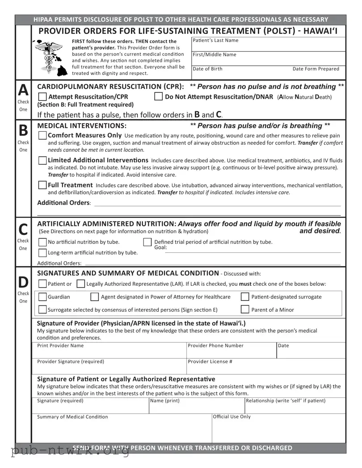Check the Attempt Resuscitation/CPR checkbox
click(x=42, y=97)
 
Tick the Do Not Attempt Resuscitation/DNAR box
click(x=158, y=97)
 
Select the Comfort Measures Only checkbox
click(x=42, y=135)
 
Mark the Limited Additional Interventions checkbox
click(x=42, y=160)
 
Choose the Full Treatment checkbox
click(x=42, y=185)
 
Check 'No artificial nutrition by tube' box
click(x=42, y=242)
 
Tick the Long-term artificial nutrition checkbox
click(x=42, y=253)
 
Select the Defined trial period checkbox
click(x=147, y=242)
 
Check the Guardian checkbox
click(x=42, y=297)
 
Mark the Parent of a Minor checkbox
click(x=245, y=309)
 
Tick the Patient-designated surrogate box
click(x=245, y=297)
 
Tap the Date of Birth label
click(x=207, y=69)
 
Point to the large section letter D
click(x=23, y=282)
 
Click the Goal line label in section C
click(x=160, y=248)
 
